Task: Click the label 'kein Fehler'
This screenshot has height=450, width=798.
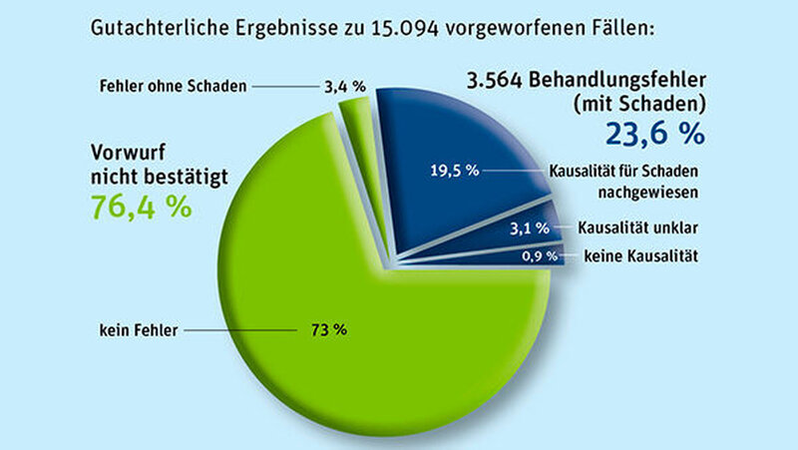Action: coord(136,326)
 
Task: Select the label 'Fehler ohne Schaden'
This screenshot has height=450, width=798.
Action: coord(173,86)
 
